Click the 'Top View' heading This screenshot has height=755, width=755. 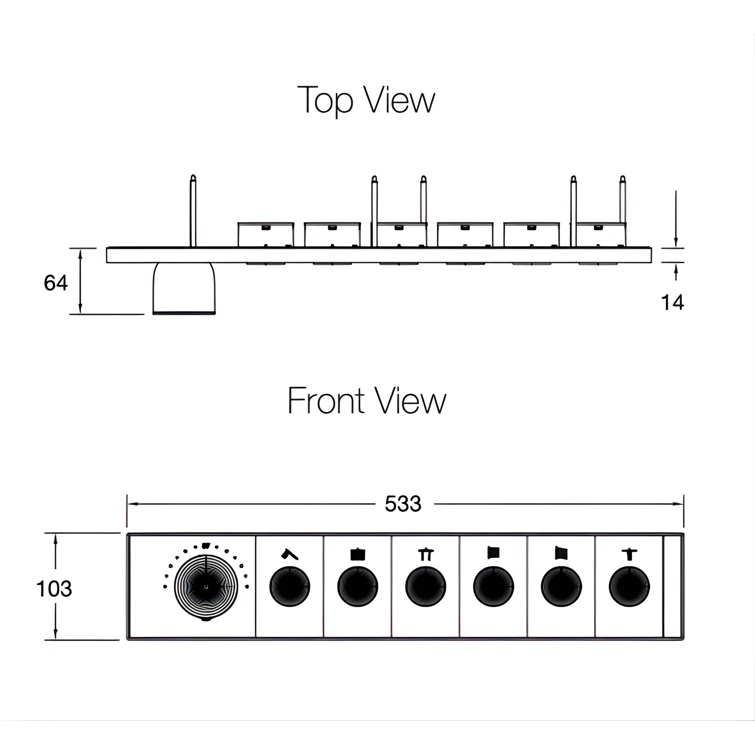click(x=366, y=100)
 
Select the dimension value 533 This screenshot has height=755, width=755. click(x=403, y=504)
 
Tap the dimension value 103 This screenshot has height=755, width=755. click(x=54, y=588)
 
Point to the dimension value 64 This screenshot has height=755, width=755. click(x=56, y=282)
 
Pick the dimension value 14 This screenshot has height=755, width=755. click(x=672, y=302)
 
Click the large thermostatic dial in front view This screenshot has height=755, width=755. click(x=206, y=587)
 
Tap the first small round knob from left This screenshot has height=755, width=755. click(x=289, y=587)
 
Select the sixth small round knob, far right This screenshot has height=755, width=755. click(x=629, y=587)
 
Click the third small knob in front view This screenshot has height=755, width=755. click(x=425, y=587)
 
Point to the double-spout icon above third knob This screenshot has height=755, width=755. click(x=425, y=554)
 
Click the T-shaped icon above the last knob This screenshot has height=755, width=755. click(x=629, y=554)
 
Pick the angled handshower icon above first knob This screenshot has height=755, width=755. click(x=289, y=554)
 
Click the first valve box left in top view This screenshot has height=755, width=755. click(x=266, y=235)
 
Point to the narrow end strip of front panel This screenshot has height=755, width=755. click(x=672, y=587)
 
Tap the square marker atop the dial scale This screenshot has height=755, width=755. click(x=206, y=546)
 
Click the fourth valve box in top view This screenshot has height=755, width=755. click(x=465, y=235)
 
